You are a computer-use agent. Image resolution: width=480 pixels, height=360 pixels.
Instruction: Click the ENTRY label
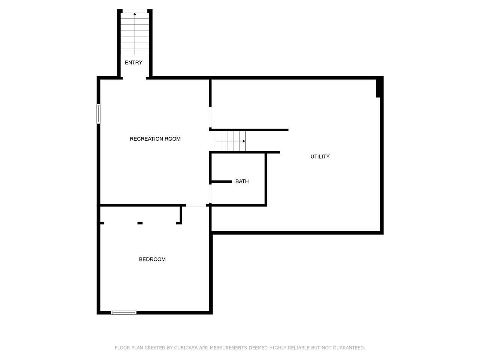(x=133, y=63)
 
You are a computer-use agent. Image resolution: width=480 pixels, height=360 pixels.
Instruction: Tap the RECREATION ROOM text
(x=155, y=139)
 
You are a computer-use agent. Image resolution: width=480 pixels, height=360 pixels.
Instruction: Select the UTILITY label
(x=320, y=156)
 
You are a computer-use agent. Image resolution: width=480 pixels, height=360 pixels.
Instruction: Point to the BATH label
(x=242, y=181)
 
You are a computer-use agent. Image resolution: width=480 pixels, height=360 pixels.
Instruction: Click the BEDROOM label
(x=152, y=259)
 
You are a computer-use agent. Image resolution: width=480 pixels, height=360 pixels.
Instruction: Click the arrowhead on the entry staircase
(x=135, y=14)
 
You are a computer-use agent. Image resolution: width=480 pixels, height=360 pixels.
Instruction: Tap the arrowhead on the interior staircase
(x=244, y=141)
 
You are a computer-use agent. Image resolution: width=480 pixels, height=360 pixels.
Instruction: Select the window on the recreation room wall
(x=98, y=114)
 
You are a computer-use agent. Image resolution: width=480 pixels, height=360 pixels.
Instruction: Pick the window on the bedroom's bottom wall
(x=124, y=313)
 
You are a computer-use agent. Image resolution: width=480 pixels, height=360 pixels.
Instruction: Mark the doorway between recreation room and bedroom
(x=196, y=205)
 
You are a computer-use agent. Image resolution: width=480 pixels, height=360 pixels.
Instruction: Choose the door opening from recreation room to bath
(x=210, y=193)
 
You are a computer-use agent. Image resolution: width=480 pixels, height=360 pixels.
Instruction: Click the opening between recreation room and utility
(x=210, y=117)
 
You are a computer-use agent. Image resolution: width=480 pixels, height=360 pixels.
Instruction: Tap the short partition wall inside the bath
(x=222, y=181)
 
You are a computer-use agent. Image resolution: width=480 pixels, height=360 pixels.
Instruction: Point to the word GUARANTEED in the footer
(x=349, y=348)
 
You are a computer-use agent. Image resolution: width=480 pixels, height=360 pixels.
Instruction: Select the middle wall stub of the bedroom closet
(x=140, y=223)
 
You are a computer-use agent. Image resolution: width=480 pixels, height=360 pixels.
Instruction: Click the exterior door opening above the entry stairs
(x=135, y=11)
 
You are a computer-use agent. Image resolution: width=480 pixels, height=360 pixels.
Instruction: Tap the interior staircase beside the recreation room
(x=230, y=141)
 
